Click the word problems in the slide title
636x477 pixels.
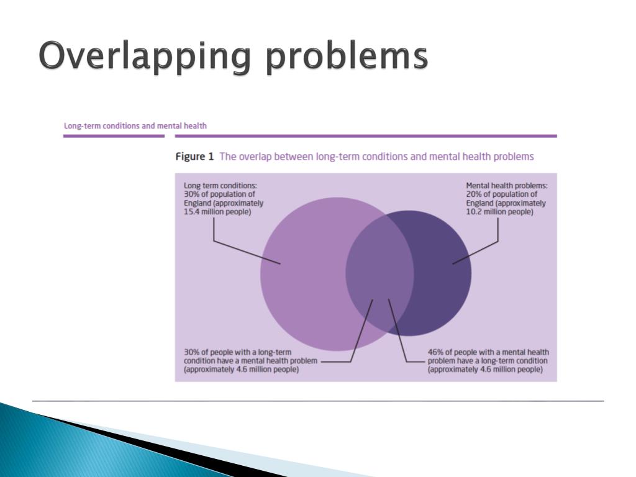point(347,57)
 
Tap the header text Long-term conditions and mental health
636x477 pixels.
point(135,125)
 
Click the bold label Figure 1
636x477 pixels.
point(194,157)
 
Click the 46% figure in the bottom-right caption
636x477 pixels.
point(435,352)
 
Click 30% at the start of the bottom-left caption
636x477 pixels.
point(191,352)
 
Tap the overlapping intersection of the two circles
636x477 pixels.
point(379,273)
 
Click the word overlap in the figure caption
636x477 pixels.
point(256,157)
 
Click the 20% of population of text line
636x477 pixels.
point(501,194)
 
